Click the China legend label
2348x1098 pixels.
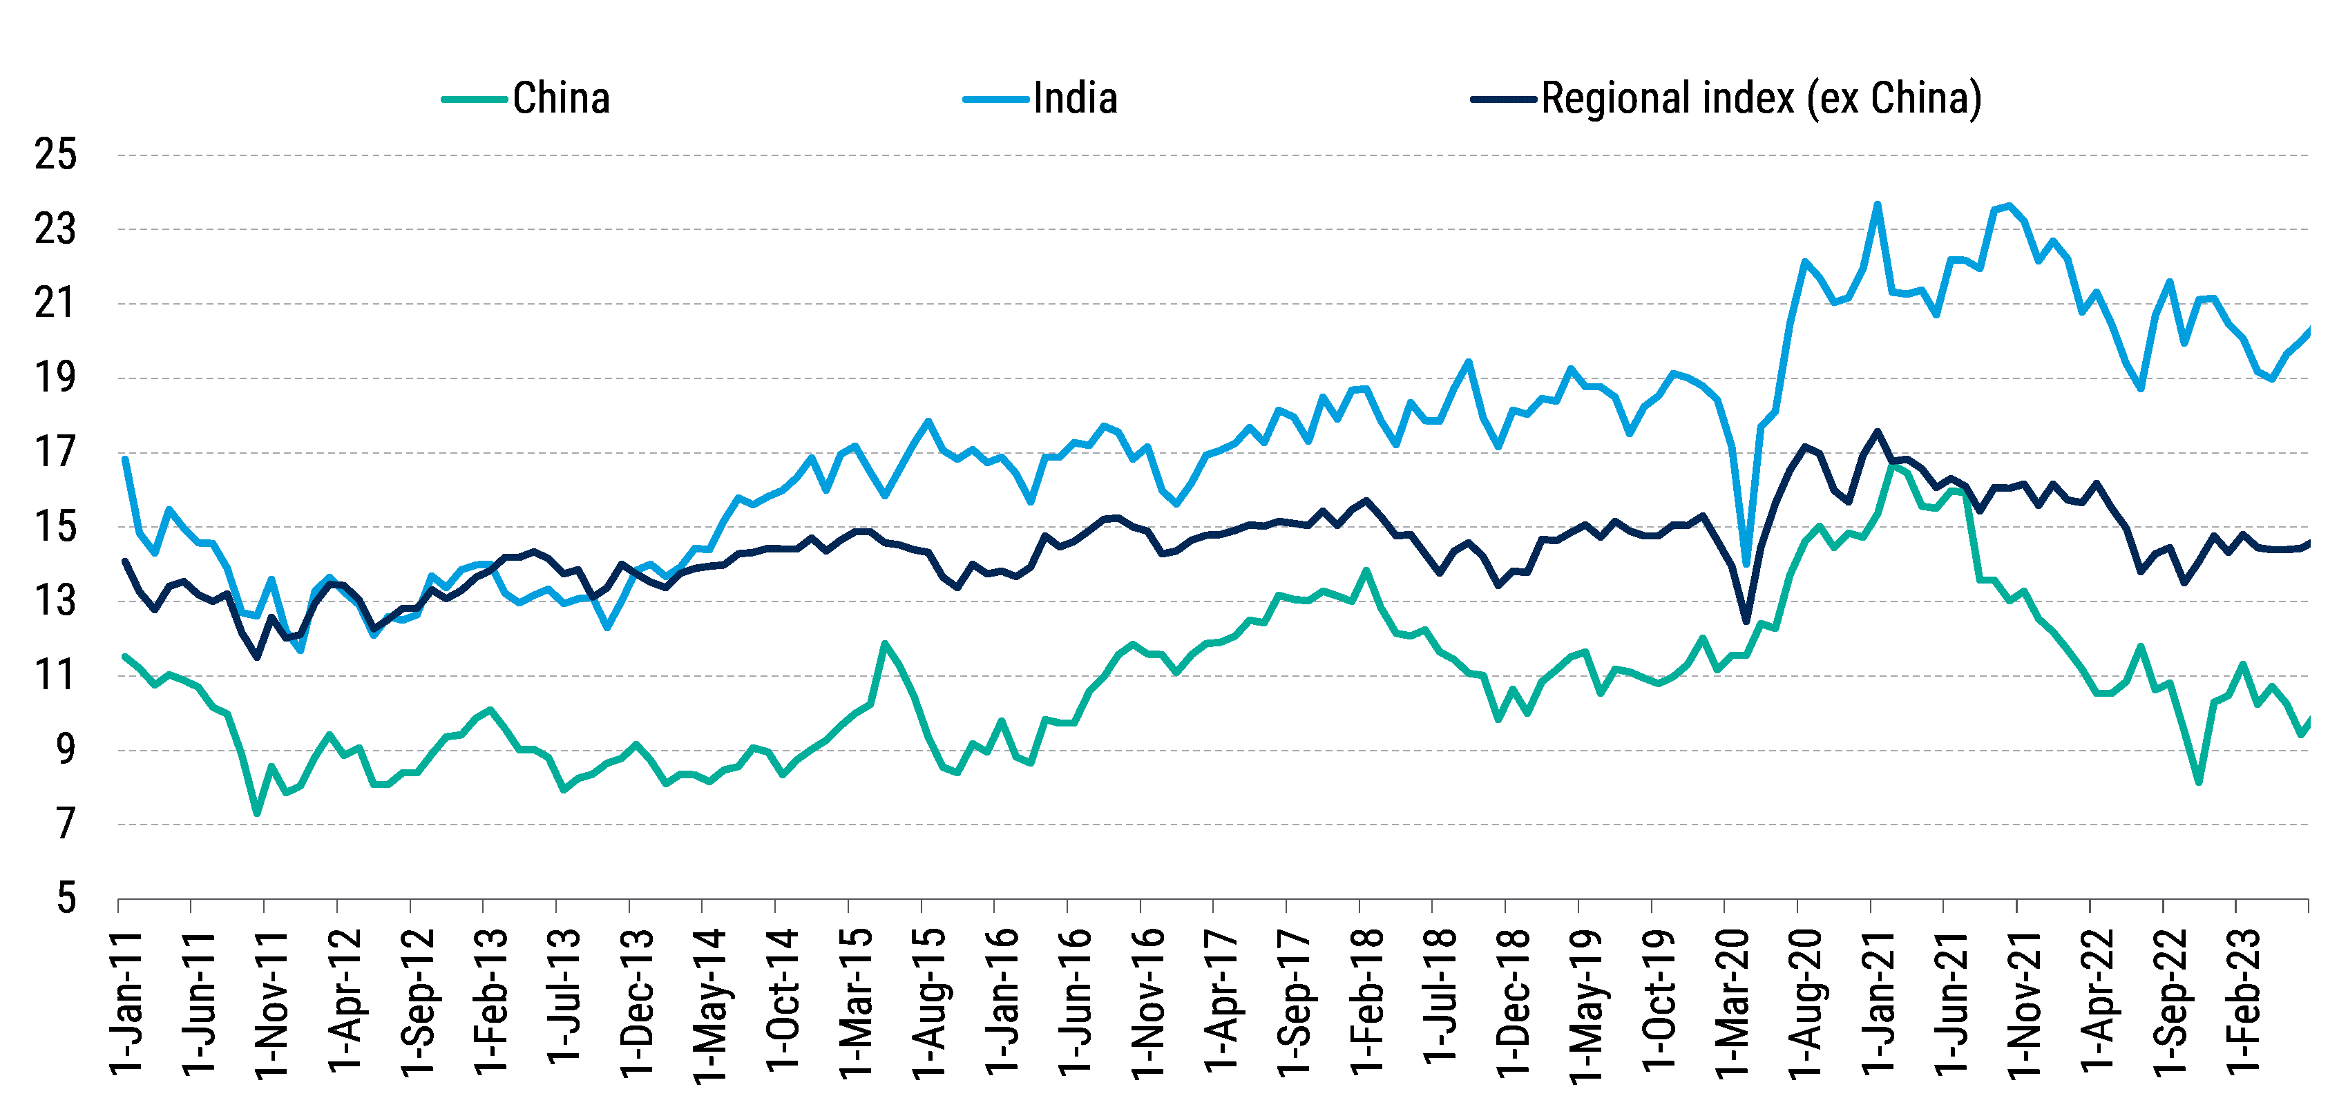560,99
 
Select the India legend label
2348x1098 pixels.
1075,99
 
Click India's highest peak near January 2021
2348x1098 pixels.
1878,204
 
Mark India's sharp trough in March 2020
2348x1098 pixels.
1746,564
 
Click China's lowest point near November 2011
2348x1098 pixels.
257,813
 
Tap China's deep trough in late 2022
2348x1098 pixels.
2199,782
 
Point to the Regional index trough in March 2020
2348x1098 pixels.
1746,622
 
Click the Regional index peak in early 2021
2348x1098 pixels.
1878,431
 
